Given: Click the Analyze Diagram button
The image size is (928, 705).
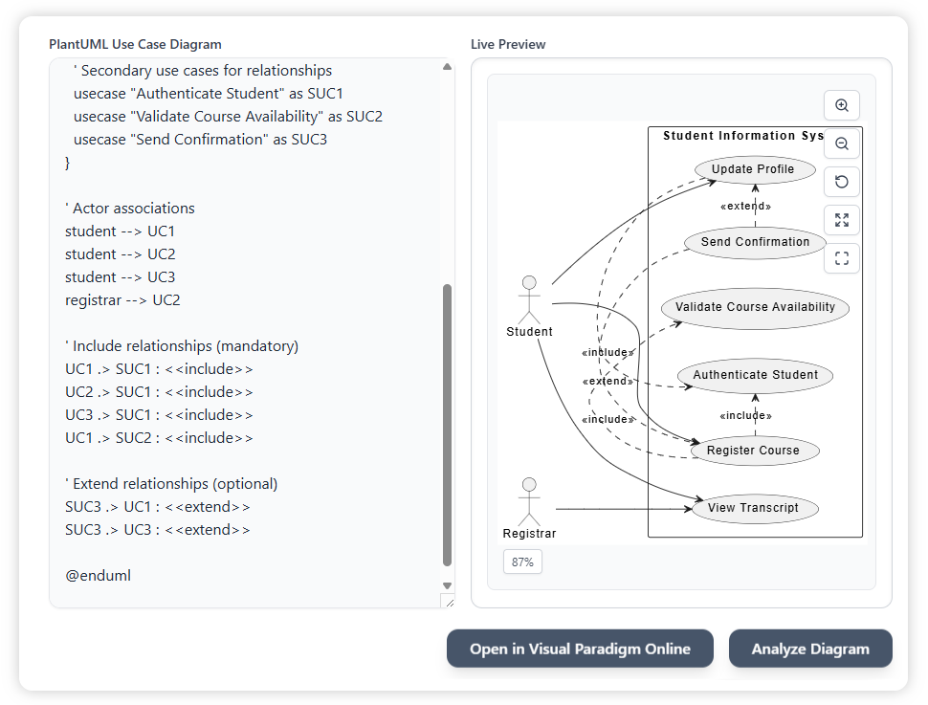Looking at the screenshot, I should pyautogui.click(x=810, y=649).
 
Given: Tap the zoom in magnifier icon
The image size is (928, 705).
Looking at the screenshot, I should pyautogui.click(x=842, y=105).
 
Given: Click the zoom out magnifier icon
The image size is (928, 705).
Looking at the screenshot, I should pyautogui.click(x=842, y=143).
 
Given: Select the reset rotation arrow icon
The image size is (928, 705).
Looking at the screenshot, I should pyautogui.click(x=842, y=182).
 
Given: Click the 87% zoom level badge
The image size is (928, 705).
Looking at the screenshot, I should pyautogui.click(x=522, y=562).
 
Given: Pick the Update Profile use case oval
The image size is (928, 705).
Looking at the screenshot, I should pyautogui.click(x=753, y=169).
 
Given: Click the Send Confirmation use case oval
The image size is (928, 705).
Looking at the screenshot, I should pyautogui.click(x=755, y=242).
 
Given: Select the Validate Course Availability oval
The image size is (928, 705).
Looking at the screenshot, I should pyautogui.click(x=755, y=307).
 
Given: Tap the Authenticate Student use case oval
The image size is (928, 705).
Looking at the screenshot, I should pyautogui.click(x=755, y=375).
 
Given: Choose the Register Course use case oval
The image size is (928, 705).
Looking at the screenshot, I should pyautogui.click(x=753, y=451).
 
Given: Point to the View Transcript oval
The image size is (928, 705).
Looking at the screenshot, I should pyautogui.click(x=753, y=508).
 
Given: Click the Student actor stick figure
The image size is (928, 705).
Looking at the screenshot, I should pyautogui.click(x=528, y=298).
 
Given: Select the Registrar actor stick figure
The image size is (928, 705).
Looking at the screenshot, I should pyautogui.click(x=528, y=500).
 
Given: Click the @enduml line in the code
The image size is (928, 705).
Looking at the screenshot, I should pyautogui.click(x=98, y=576).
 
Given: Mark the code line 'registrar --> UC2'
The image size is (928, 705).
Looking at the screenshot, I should pyautogui.click(x=122, y=300).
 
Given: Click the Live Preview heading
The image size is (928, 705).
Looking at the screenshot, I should pyautogui.click(x=508, y=44).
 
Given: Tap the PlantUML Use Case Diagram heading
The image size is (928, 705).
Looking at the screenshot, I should pyautogui.click(x=135, y=44).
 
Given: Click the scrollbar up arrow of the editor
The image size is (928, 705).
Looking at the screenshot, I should pyautogui.click(x=447, y=67).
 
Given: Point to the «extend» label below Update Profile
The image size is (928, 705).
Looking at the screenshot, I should pyautogui.click(x=745, y=207).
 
